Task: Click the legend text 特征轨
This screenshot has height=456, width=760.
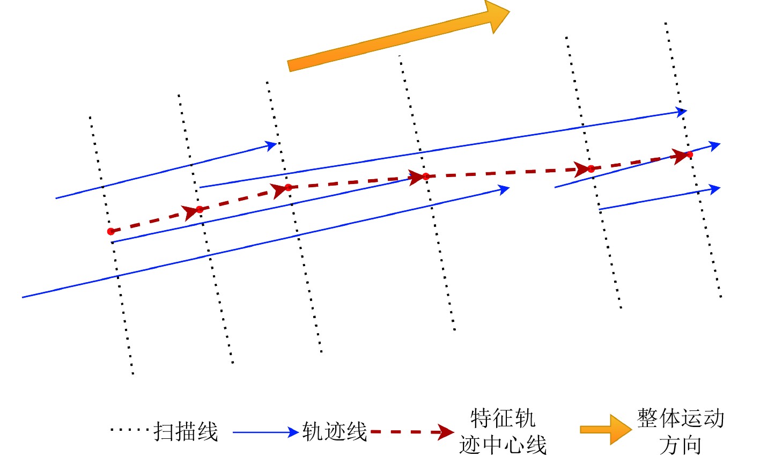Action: click(503, 418)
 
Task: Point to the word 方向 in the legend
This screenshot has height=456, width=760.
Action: click(681, 445)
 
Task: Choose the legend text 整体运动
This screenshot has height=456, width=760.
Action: click(681, 418)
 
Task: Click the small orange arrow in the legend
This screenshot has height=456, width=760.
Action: click(606, 429)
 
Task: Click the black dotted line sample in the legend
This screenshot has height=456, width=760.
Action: click(129, 430)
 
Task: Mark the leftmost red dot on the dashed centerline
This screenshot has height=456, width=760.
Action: click(111, 232)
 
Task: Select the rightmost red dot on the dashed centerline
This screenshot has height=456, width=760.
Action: click(690, 155)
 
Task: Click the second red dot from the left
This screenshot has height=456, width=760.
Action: click(200, 209)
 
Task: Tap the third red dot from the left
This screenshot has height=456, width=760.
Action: click(288, 187)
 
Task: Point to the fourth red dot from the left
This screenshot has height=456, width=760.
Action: click(426, 176)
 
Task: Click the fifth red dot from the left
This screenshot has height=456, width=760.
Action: click(591, 169)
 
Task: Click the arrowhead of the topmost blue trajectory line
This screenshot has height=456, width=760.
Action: click(682, 112)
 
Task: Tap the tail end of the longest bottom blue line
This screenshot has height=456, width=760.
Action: click(23, 297)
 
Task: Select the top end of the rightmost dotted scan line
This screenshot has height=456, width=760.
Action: click(666, 24)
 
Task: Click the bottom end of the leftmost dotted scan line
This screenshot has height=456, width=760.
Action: click(132, 373)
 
